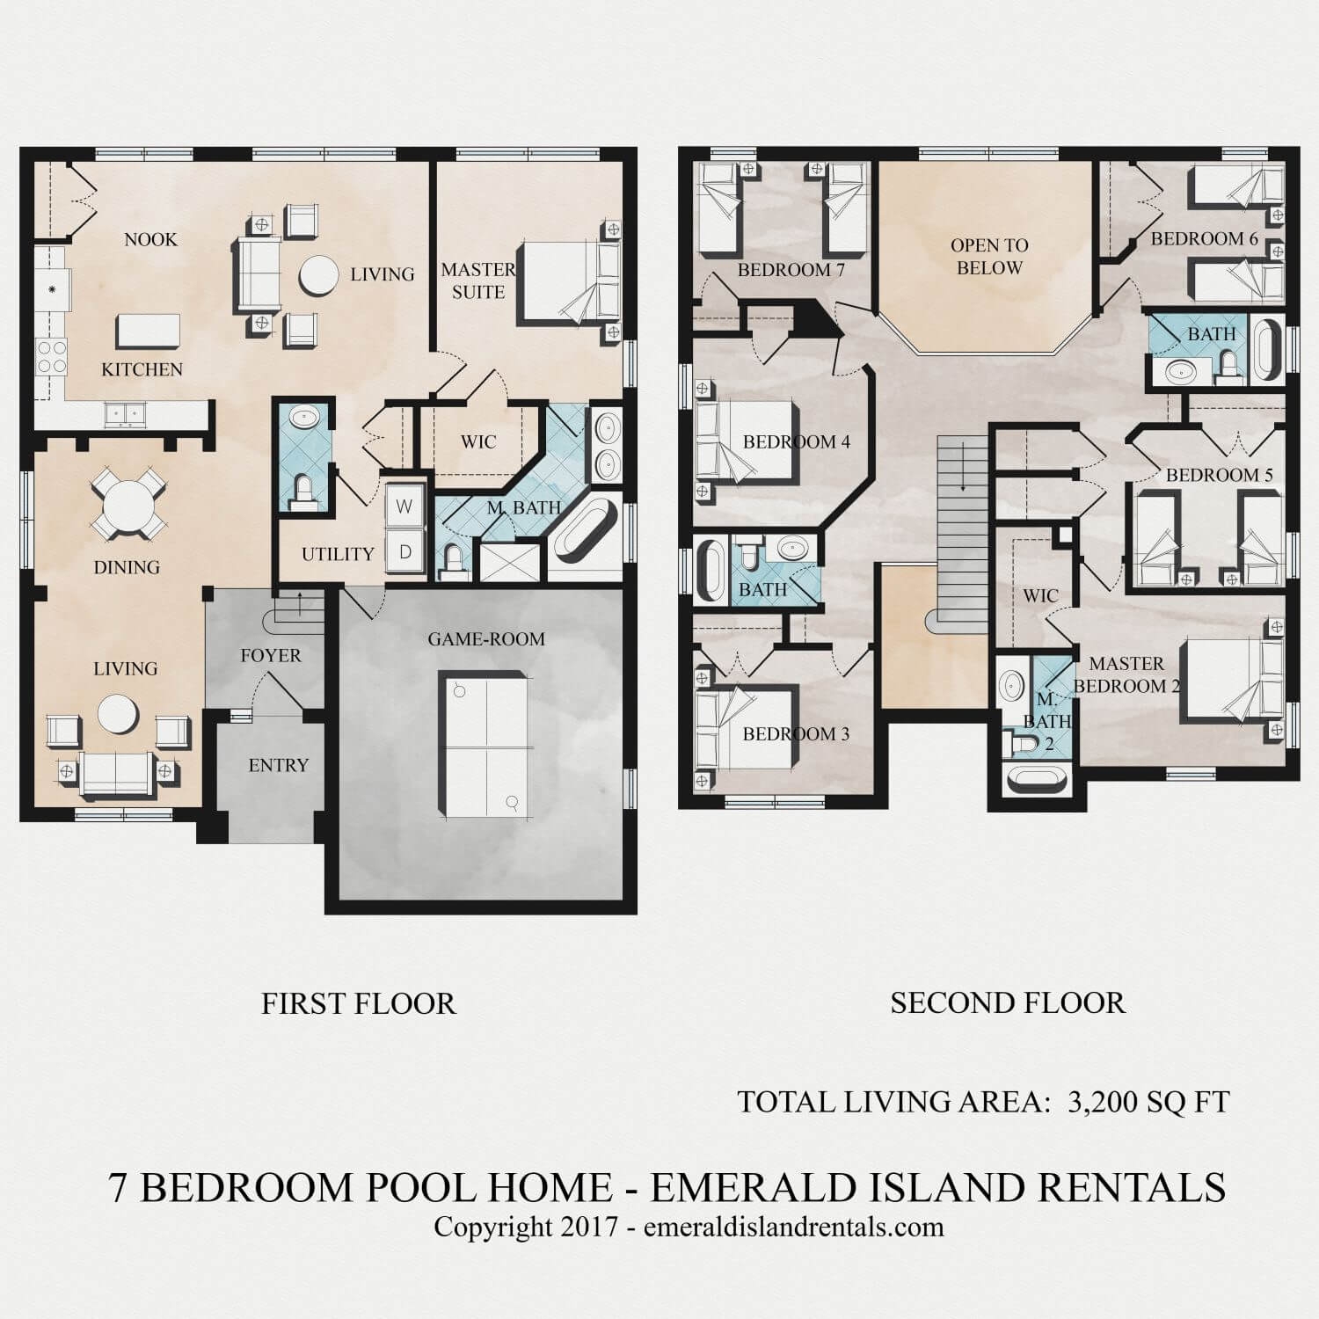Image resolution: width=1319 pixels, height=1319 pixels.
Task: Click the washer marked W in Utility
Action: [x=404, y=506]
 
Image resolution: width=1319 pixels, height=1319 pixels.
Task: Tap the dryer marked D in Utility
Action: [x=404, y=552]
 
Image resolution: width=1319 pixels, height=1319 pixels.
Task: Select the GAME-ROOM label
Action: [x=486, y=639]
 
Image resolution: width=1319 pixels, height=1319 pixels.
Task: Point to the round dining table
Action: [x=128, y=506]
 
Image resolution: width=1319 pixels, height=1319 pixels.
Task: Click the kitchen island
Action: [x=148, y=332]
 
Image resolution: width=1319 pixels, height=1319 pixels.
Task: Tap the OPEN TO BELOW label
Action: [x=989, y=256]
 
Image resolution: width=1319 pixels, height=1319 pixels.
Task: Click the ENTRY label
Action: [x=278, y=765]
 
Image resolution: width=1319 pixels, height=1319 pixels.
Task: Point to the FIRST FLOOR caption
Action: [x=358, y=1003]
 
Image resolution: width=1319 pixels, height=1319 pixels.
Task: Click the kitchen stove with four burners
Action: [x=50, y=358]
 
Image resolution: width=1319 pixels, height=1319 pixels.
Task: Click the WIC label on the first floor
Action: [x=478, y=441]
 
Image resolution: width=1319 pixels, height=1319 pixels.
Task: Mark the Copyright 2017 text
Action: [x=527, y=1227]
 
